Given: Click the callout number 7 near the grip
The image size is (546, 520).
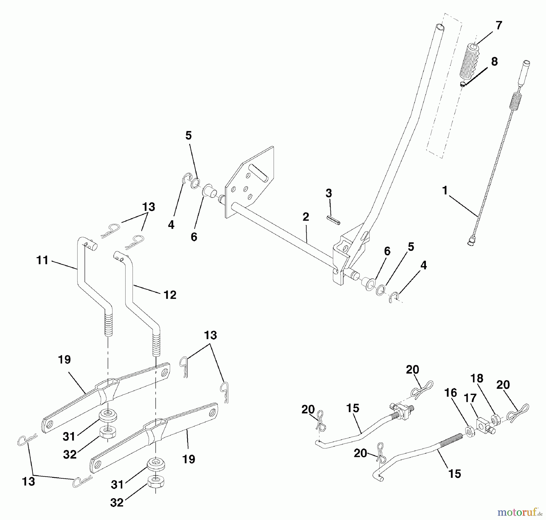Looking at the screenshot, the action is click(x=499, y=25).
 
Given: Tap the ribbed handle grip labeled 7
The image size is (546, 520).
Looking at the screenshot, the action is click(x=469, y=64).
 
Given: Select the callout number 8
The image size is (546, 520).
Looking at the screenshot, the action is click(x=494, y=62).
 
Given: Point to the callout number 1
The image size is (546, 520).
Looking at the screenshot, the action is click(x=445, y=191).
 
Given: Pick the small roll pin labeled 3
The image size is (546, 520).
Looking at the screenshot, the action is click(x=333, y=220).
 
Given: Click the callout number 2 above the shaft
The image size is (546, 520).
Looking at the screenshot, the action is click(x=306, y=217).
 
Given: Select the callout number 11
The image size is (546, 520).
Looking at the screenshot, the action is click(x=42, y=260).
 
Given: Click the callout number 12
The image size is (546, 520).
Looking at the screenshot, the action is click(x=170, y=295).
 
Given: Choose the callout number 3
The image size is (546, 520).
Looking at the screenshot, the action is click(x=329, y=193).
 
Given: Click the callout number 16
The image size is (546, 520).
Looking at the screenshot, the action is click(x=450, y=393).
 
